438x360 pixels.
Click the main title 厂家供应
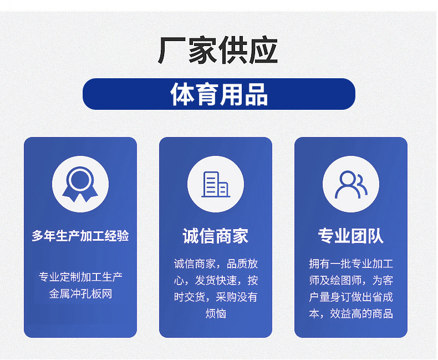tap(218, 50)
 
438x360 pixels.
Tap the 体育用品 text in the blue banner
tap(219, 94)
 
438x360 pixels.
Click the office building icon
tap(216, 185)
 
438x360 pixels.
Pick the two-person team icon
tap(351, 185)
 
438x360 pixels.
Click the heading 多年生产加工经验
tap(80, 236)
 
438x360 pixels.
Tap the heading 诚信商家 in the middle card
tap(216, 236)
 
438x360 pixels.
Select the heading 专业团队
tap(351, 236)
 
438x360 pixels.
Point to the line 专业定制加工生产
tap(80, 277)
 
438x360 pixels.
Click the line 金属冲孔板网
tap(80, 294)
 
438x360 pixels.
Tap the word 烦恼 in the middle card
tap(216, 313)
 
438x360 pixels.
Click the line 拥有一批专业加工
tap(351, 264)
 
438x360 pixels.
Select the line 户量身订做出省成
tap(351, 297)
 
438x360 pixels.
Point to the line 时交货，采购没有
tap(216, 297)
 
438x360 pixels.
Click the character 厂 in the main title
tap(172, 50)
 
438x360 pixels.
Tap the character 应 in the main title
tap(264, 50)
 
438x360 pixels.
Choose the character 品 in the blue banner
tap(256, 94)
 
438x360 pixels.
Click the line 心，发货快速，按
tap(216, 280)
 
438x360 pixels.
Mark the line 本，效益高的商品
tap(351, 313)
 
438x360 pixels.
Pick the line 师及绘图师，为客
tap(351, 280)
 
